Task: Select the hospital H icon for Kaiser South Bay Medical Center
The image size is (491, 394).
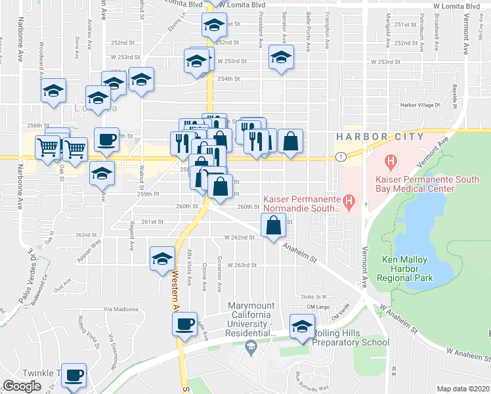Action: point(392,160)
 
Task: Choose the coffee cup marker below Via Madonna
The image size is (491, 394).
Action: point(186,324)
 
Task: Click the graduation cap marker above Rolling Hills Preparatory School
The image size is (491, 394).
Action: point(302,326)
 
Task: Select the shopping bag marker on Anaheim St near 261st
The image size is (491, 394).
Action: point(273,225)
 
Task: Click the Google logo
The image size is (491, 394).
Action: point(22,385)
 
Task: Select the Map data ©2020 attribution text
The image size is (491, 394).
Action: point(463,389)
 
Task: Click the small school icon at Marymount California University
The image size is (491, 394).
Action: point(249,347)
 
